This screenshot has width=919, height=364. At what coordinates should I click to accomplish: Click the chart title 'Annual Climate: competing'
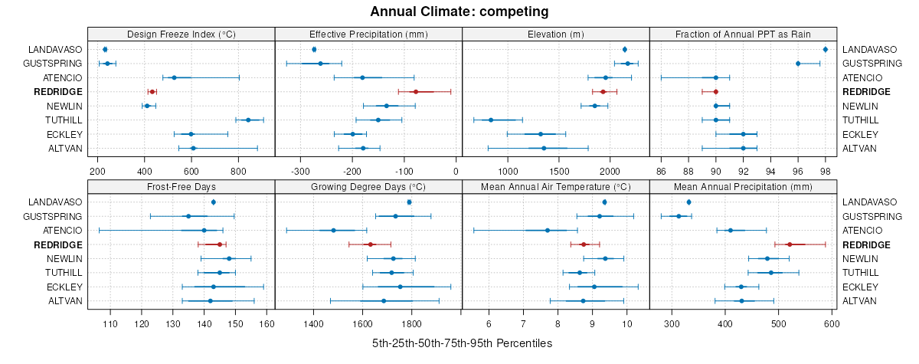(459, 11)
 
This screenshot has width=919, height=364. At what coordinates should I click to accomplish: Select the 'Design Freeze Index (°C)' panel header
(181, 34)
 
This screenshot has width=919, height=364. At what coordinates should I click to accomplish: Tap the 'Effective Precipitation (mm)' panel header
(368, 34)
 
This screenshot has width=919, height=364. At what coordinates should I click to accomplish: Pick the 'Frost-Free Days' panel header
(181, 185)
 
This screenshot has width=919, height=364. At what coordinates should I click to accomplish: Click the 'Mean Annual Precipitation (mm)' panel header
(743, 185)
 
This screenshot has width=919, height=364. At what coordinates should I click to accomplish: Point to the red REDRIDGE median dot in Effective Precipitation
(415, 92)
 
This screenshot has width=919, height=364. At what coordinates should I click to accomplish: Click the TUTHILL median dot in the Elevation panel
(491, 120)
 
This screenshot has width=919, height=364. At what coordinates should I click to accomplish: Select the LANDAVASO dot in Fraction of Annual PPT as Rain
(825, 50)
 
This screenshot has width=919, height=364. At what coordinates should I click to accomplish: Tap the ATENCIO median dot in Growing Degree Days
(333, 230)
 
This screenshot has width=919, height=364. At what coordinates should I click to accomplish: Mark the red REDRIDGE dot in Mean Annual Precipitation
(789, 244)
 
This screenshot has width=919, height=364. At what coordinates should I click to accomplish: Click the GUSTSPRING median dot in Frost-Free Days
(188, 216)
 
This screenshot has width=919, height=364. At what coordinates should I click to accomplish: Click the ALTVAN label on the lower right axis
(860, 300)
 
